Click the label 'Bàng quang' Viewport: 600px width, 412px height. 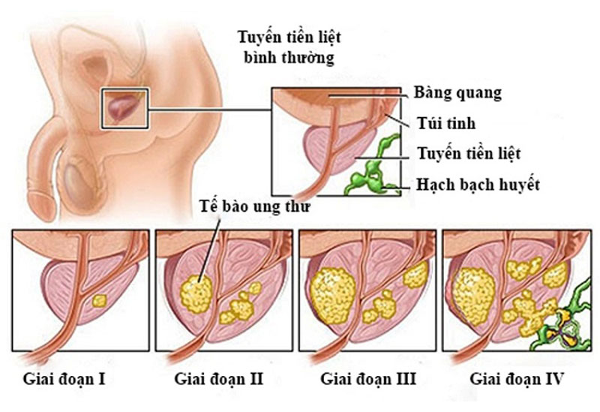457,93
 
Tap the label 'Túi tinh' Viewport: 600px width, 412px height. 446,123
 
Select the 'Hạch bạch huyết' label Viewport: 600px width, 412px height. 478,185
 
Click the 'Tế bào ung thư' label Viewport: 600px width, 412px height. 255,206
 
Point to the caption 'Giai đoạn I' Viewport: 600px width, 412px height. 64,379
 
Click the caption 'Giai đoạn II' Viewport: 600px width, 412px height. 219,379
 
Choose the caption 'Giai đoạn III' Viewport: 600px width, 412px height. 368,379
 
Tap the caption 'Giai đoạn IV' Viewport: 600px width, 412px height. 517,379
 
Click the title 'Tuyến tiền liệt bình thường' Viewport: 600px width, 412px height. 289,47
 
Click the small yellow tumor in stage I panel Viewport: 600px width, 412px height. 100,301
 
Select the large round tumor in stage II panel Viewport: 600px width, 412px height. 196,293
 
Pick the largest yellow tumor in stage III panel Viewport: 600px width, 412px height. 333,295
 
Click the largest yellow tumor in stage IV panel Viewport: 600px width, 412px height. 474,296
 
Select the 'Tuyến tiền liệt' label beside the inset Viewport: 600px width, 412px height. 469,154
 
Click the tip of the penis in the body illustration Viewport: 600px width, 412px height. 41,207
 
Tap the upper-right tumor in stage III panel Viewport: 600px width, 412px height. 415,275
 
